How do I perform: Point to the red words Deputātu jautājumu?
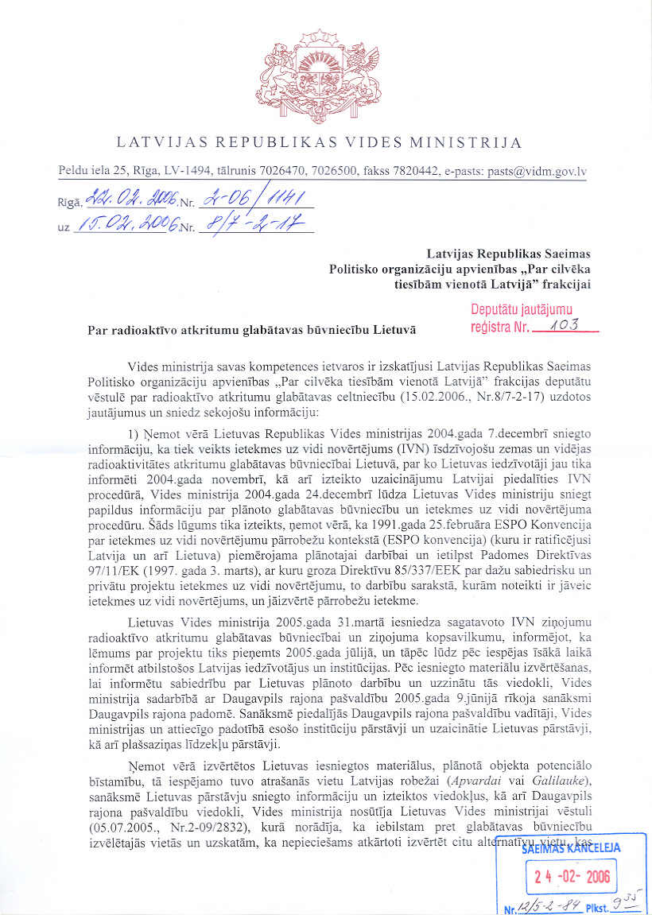click(521, 310)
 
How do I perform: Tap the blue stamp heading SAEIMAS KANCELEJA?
click(571, 847)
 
